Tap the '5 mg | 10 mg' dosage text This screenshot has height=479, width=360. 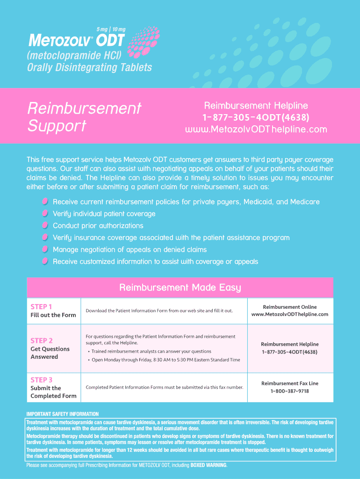click(x=111, y=29)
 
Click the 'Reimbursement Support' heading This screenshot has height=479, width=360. click(x=84, y=117)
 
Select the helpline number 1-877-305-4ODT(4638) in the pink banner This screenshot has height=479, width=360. click(x=256, y=117)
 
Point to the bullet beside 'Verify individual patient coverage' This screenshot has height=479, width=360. click(x=45, y=213)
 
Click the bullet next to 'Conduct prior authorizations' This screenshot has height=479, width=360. click(x=45, y=225)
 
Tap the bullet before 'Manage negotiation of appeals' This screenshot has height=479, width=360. click(x=45, y=249)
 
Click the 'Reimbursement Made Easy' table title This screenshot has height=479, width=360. click(x=180, y=287)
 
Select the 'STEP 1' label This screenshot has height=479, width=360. click(x=41, y=307)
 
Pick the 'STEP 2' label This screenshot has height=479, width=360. click(x=42, y=341)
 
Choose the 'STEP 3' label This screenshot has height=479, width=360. click(x=42, y=380)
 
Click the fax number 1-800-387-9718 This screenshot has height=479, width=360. click(x=289, y=391)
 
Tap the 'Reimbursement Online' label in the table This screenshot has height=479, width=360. click(x=289, y=307)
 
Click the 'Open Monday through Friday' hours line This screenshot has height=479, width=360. click(x=166, y=360)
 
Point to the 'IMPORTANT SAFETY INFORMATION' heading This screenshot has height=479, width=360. click(x=63, y=414)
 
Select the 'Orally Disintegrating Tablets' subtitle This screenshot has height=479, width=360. click(x=89, y=68)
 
